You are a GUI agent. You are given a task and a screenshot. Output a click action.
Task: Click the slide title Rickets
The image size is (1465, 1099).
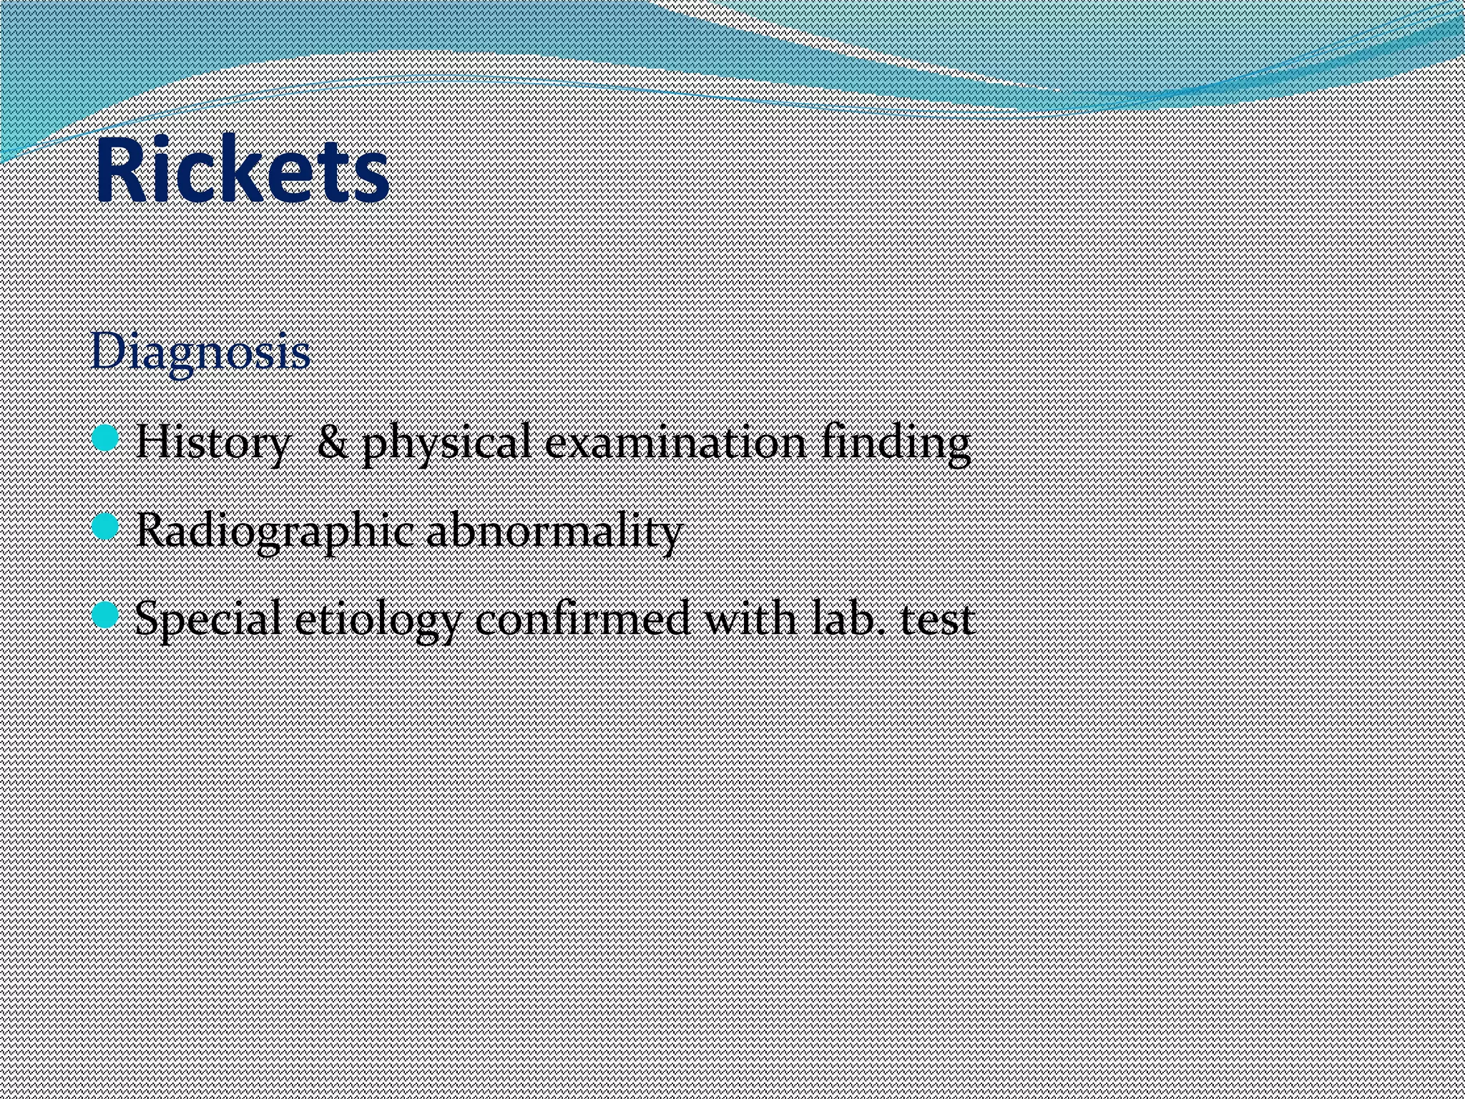[242, 171]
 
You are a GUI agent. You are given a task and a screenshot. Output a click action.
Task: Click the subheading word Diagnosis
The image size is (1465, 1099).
[201, 352]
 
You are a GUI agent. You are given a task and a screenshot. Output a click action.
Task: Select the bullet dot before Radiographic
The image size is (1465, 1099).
[104, 527]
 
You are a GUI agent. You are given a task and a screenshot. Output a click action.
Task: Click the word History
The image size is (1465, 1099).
[212, 442]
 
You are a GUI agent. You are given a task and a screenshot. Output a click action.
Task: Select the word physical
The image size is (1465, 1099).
[446, 444]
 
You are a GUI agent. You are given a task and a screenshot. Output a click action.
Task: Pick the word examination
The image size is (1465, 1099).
[675, 442]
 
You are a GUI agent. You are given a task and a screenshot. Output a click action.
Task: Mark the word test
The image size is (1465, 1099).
[937, 620]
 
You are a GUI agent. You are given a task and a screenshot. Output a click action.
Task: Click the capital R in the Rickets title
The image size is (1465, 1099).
[119, 172]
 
